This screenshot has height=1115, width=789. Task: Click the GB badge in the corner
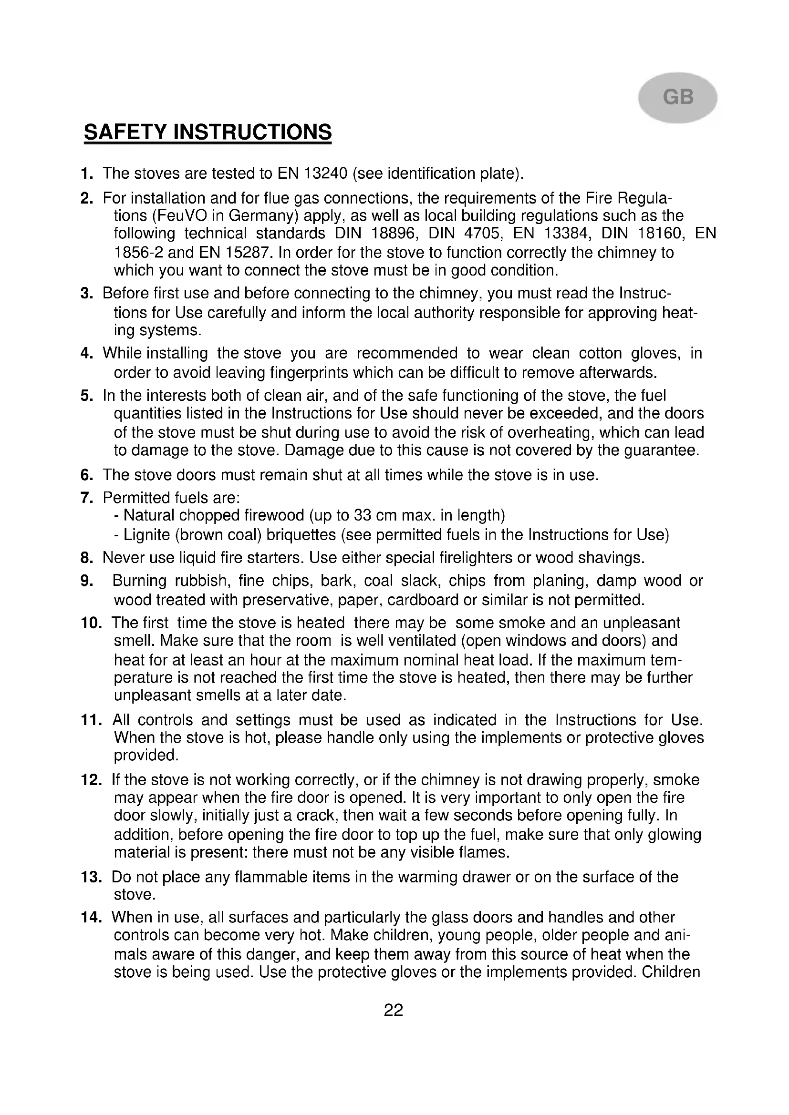pos(677,98)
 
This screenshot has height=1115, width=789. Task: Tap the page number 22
pos(394,1010)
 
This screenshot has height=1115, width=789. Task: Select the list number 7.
pos(87,498)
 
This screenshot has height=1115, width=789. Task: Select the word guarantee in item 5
pos(661,450)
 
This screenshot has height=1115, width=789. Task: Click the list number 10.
pos(91,623)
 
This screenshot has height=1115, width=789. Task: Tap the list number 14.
pos(91,917)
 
